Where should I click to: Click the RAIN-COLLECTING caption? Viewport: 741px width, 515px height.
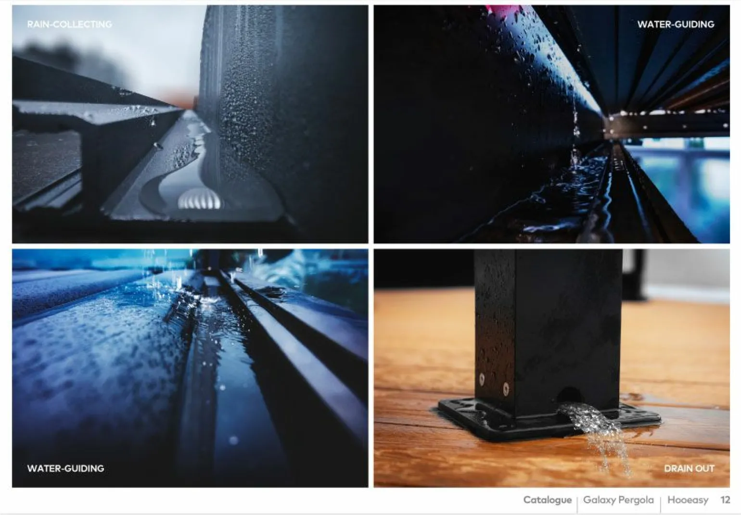coord(69,24)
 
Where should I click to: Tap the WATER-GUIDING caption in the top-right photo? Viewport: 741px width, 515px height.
coord(676,24)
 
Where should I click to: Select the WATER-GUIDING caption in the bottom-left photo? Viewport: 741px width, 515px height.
coord(65,468)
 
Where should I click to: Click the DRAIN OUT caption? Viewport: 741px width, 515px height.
coord(690,468)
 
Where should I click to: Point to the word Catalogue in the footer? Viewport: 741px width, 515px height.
coord(548,500)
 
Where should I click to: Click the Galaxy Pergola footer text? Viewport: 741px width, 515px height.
coord(619,500)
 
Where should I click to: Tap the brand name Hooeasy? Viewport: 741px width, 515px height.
coord(688,500)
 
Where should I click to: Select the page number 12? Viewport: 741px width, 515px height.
coord(725,500)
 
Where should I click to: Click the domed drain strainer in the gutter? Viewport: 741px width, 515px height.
coord(198,199)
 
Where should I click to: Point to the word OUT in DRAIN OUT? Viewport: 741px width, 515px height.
coord(704,468)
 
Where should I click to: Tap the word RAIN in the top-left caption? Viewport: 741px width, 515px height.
coord(38,24)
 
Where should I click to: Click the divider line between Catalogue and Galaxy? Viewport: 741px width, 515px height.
coord(577,504)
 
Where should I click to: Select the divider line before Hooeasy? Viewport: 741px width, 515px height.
coord(661,504)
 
